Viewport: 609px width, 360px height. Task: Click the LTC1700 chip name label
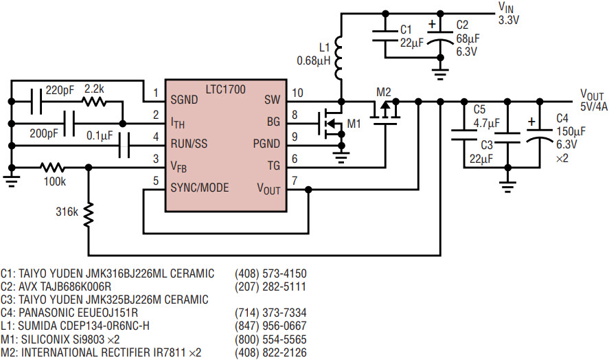[x=226, y=89]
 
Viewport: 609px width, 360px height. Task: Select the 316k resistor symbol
[x=89, y=214]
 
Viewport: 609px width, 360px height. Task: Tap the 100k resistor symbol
[x=53, y=168]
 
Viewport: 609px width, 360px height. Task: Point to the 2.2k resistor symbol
[x=93, y=102]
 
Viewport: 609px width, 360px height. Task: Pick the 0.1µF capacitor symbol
[x=124, y=146]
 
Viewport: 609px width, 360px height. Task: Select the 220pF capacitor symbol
[x=36, y=102]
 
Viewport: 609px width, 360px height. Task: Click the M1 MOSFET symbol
[x=330, y=124]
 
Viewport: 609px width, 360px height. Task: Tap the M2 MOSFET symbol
[x=385, y=113]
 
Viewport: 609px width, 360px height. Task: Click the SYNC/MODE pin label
[x=200, y=188]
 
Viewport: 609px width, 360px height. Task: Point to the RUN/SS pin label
[x=189, y=144]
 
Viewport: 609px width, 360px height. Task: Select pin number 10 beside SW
[x=297, y=93]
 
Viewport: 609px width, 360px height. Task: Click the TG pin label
[x=273, y=166]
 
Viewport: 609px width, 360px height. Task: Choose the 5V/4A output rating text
[x=594, y=106]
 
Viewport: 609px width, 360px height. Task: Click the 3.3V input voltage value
[x=509, y=20]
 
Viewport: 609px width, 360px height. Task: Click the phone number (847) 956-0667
[x=271, y=326]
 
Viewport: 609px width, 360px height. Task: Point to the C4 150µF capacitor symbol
[x=540, y=134]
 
